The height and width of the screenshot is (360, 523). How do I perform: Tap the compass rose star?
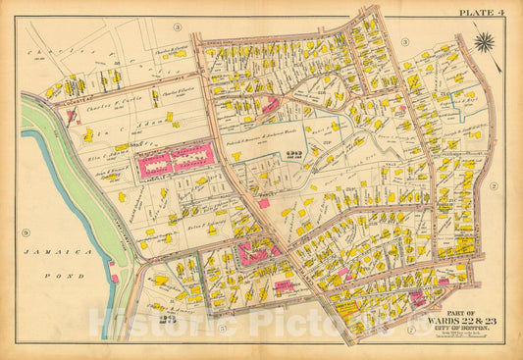click(485, 42)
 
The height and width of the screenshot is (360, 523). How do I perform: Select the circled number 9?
click(25, 233)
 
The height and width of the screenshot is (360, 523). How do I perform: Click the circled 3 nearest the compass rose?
click(404, 41)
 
